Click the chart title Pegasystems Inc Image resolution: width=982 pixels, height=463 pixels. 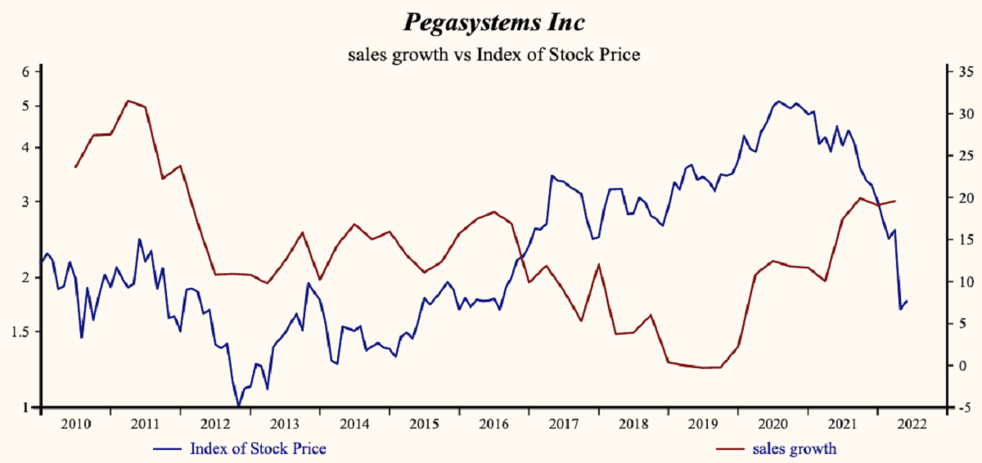[x=493, y=23]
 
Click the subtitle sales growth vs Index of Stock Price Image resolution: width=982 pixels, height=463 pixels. [x=493, y=56]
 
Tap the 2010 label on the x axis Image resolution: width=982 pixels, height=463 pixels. [x=76, y=424]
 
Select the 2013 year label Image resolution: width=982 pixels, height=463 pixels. [x=285, y=424]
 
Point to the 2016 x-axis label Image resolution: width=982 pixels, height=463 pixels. [x=493, y=424]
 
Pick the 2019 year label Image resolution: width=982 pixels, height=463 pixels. [x=702, y=424]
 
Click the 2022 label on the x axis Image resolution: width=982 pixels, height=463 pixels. [x=910, y=424]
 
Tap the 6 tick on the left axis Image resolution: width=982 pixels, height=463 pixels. [x=26, y=71]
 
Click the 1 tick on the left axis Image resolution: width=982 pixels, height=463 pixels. [x=27, y=407]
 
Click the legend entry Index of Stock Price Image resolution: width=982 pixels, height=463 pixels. [x=258, y=448]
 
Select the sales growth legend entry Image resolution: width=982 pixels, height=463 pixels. [x=799, y=448]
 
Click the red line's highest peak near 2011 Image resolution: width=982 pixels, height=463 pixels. [x=128, y=101]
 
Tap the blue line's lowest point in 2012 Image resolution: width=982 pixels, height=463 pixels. [x=238, y=406]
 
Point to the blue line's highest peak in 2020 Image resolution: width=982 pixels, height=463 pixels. [x=777, y=101]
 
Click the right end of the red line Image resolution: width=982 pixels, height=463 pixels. [x=895, y=200]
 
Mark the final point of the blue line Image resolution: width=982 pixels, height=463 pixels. [x=907, y=301]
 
